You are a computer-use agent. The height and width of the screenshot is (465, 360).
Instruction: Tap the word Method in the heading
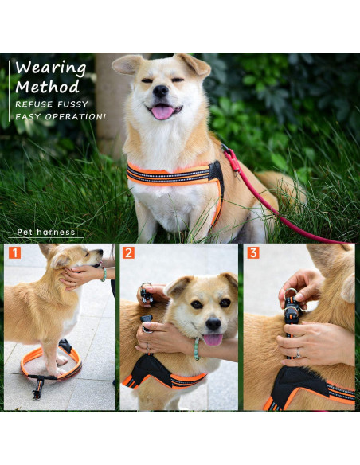click(x=48, y=88)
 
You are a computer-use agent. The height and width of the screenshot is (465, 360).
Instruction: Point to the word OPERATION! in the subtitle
click(x=76, y=117)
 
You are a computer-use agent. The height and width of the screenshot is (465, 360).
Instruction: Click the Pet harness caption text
click(x=46, y=232)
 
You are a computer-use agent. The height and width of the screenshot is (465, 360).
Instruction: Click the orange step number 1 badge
click(x=14, y=253)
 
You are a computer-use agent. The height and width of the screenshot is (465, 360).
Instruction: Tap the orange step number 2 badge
click(x=128, y=253)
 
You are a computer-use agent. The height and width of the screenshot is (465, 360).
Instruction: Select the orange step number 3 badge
click(x=253, y=253)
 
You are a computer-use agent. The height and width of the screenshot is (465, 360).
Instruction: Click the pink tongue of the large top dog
click(x=162, y=112)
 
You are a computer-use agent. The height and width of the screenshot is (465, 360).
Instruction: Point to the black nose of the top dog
click(x=160, y=91)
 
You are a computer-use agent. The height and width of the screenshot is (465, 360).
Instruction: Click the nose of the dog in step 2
click(x=213, y=324)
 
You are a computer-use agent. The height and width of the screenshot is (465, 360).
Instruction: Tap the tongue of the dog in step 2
click(x=213, y=339)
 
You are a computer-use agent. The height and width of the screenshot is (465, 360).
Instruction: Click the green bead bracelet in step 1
click(x=104, y=275)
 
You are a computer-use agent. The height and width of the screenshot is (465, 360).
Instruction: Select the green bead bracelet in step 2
click(x=197, y=349)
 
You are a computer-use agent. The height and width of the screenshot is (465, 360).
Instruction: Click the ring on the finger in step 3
click(x=299, y=353)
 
